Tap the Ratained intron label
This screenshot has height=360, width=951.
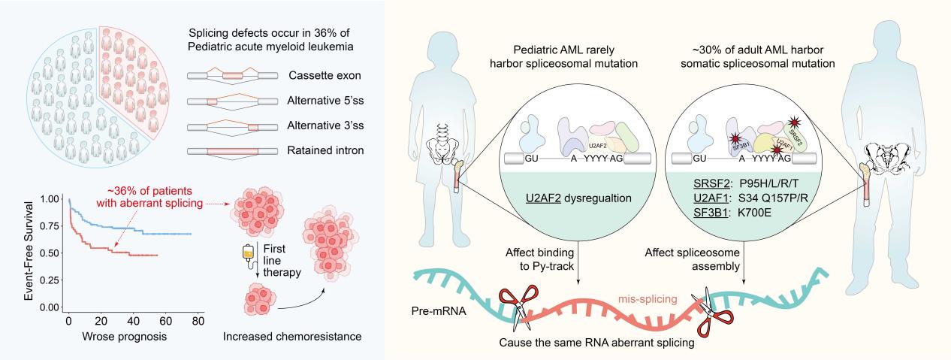(x=325, y=150)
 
